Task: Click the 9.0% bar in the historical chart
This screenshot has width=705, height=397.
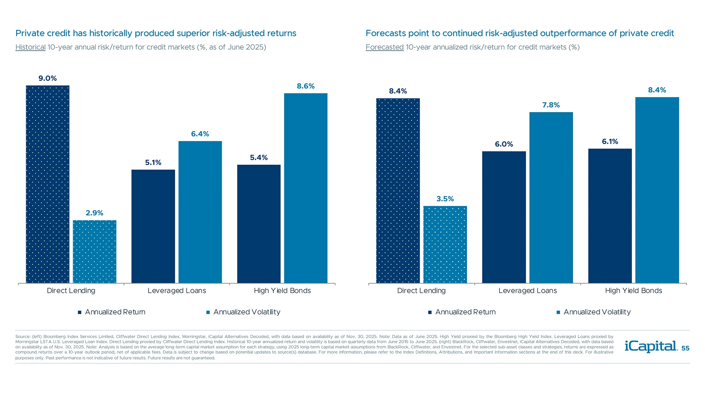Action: tap(47, 184)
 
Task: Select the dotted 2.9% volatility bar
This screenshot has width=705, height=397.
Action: tap(94, 251)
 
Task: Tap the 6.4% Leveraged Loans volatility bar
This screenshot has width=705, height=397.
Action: tap(200, 212)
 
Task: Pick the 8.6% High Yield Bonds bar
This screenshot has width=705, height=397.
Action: tap(305, 188)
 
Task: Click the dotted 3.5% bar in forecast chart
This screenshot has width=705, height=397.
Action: tap(445, 244)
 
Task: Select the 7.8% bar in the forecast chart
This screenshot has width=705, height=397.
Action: tap(551, 197)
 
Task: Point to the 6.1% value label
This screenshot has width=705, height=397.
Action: tap(610, 142)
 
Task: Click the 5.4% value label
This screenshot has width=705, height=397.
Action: tap(259, 158)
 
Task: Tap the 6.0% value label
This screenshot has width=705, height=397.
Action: tap(504, 144)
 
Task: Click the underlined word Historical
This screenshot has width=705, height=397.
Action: tap(30, 47)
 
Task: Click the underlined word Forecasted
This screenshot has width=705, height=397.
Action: tap(384, 47)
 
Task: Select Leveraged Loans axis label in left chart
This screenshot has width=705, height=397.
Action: tap(177, 290)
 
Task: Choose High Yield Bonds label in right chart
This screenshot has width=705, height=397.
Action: tap(633, 290)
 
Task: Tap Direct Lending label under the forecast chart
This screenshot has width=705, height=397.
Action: tap(421, 290)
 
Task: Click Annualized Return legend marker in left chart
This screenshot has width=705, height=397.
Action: tap(79, 312)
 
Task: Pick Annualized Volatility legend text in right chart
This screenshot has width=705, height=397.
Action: tap(597, 312)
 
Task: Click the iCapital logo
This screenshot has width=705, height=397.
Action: tap(651, 346)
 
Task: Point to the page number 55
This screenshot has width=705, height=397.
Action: tap(685, 348)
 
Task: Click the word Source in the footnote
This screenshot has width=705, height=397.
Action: tap(22, 336)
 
